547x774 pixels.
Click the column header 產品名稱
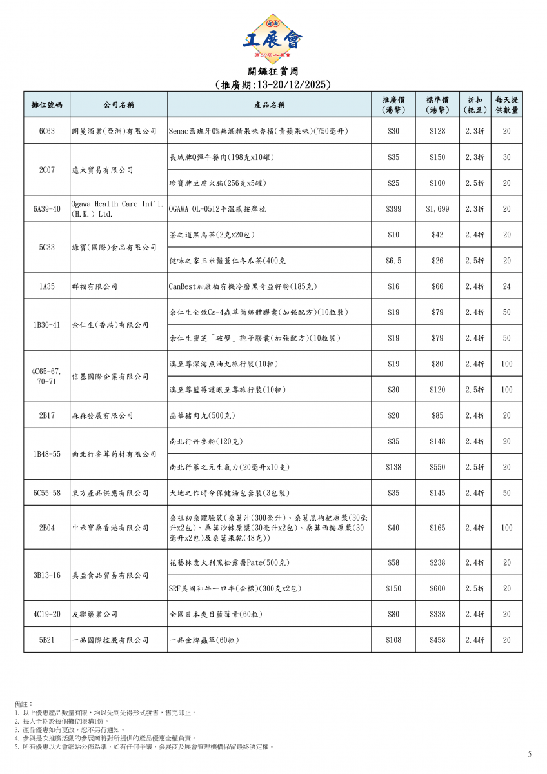(269, 104)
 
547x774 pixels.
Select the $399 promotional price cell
(393, 209)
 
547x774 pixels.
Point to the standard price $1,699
(437, 209)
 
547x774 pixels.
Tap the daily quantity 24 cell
(507, 286)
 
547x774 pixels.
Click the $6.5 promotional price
(393, 261)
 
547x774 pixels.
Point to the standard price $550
(437, 467)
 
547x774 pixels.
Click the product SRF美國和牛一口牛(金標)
(235, 588)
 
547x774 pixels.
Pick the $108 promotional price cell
(393, 640)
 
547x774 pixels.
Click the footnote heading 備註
(23, 704)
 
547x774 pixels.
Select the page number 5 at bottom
(530, 754)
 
